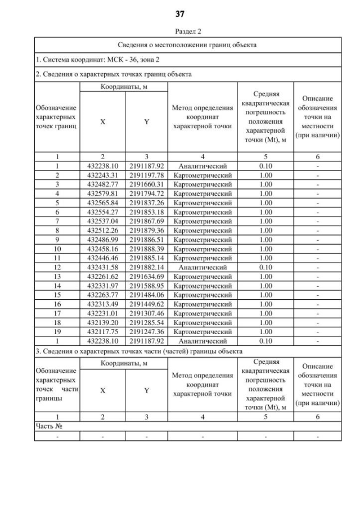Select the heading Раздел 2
[180, 31]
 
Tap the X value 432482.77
[102, 184]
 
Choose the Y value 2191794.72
[146, 192]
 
